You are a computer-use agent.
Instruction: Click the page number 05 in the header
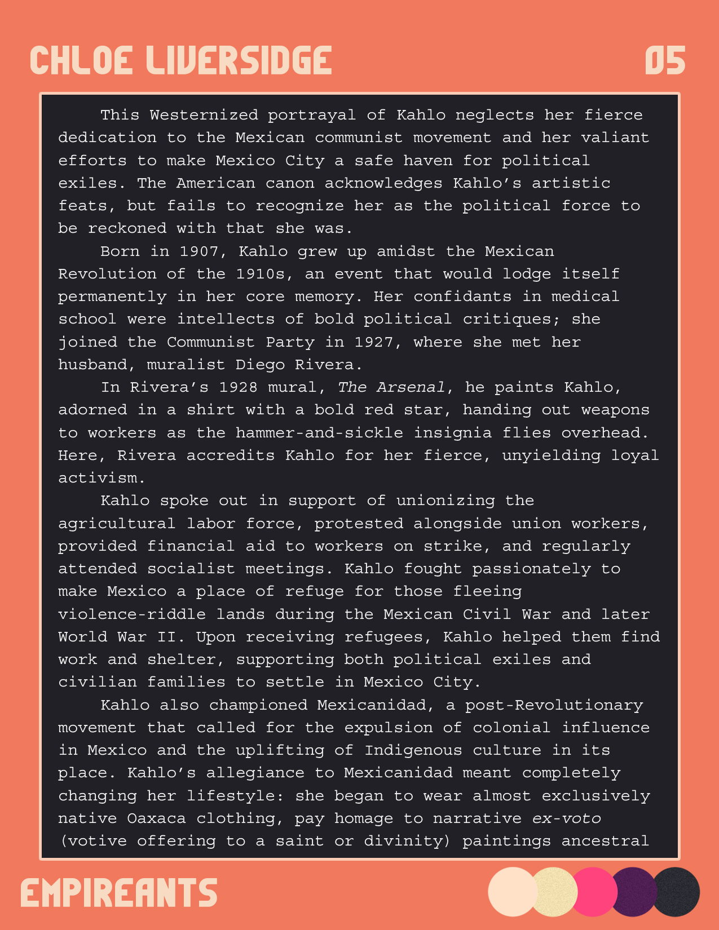pos(665,60)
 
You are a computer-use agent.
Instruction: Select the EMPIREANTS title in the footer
pos(119,893)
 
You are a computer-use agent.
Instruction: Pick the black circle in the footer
pos(677,892)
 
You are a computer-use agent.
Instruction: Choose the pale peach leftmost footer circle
pos(511,892)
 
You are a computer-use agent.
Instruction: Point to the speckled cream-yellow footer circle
pos(554,892)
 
